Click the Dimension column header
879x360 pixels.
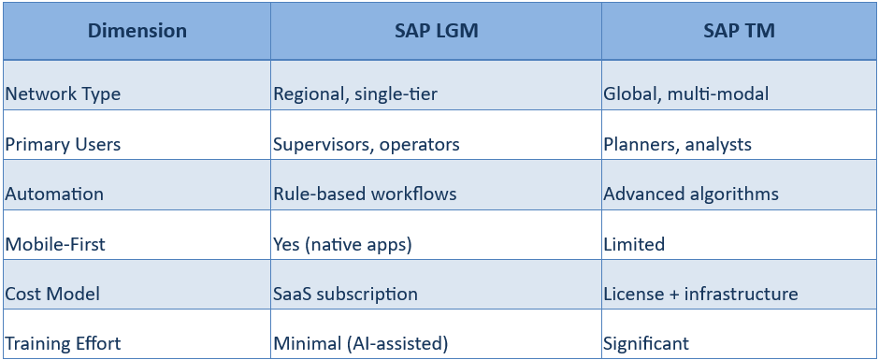tap(137, 31)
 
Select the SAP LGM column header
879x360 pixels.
tap(437, 31)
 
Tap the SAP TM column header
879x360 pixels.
tap(739, 31)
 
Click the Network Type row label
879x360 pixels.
tap(63, 94)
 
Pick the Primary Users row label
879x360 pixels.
tap(64, 144)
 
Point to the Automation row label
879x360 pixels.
tap(53, 194)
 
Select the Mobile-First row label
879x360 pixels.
tap(55, 244)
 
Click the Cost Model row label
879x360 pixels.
tap(52, 294)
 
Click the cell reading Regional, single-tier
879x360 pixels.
tap(355, 94)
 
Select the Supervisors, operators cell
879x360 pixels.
tap(366, 144)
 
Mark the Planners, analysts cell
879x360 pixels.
tap(677, 144)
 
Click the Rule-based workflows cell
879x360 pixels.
tap(365, 194)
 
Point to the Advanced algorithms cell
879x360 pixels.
tap(691, 194)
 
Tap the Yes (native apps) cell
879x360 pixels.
tap(342, 244)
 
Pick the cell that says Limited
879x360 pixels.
tap(634, 244)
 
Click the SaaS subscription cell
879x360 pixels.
tap(345, 294)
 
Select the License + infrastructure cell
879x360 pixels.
tap(700, 294)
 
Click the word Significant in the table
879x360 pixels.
tap(646, 343)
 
